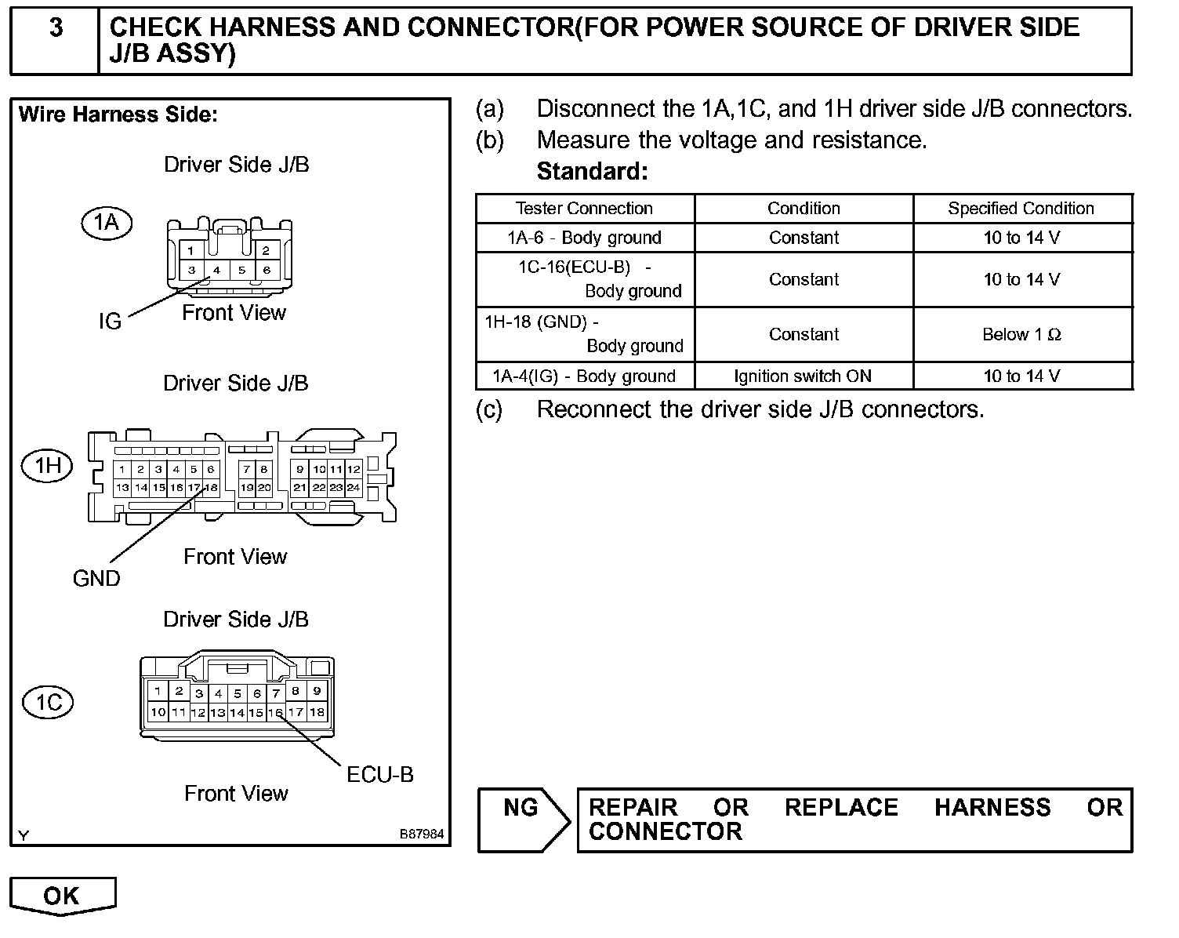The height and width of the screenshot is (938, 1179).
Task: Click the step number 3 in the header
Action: click(56, 28)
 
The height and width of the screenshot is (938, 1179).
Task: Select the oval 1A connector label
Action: click(107, 224)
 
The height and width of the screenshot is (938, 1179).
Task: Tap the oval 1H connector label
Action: click(47, 466)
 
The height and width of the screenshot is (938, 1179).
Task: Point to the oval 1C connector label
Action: click(49, 701)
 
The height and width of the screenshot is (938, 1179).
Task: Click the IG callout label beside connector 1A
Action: click(110, 322)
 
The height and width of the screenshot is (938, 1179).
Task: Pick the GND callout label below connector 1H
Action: click(96, 579)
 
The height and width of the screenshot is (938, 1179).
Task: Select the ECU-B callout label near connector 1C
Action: click(380, 775)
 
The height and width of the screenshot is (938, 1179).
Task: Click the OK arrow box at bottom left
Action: click(62, 896)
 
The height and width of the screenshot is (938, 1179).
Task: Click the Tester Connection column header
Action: click(584, 209)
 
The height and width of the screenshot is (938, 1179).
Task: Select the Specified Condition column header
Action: click(1021, 209)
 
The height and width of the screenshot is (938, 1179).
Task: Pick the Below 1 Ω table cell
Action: click(1021, 335)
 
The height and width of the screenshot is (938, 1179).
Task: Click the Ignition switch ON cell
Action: click(803, 376)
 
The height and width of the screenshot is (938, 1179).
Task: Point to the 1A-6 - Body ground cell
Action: click(584, 238)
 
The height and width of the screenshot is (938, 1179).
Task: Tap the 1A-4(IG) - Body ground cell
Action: click(584, 376)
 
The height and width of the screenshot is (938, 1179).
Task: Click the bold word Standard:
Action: click(592, 171)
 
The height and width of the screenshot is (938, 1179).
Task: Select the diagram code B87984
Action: click(422, 834)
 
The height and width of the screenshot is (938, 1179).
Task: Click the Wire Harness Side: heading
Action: click(118, 115)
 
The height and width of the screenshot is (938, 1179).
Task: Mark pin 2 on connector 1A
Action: click(267, 251)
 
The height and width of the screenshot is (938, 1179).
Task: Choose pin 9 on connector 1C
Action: click(317, 692)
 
